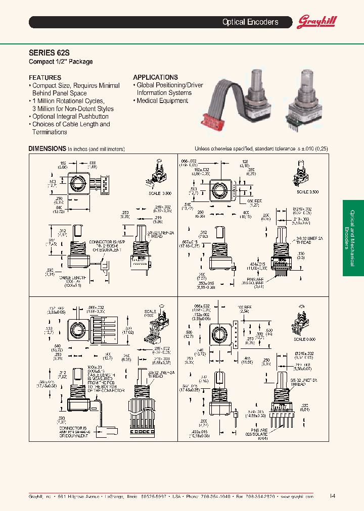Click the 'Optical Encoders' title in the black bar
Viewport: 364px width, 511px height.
click(x=250, y=22)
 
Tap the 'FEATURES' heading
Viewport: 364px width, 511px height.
click(x=45, y=78)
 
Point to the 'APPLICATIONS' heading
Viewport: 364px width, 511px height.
click(x=155, y=77)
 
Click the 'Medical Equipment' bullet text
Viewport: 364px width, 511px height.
click(x=162, y=101)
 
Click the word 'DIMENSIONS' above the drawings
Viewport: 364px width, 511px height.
click(x=47, y=149)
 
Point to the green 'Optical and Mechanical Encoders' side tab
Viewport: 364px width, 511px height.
click(x=353, y=238)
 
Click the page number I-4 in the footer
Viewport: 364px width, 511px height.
click(x=332, y=496)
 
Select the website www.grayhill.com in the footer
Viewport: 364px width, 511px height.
click(x=296, y=497)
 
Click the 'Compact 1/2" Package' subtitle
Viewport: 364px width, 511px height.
click(x=60, y=62)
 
